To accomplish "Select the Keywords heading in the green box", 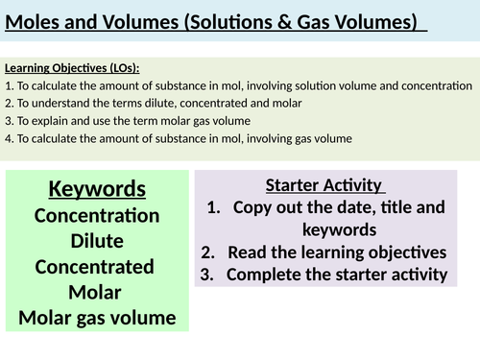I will tap(97, 189).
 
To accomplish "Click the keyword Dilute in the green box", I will tap(97, 241).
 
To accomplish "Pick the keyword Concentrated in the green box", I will tap(97, 266).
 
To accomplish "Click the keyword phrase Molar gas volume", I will tap(97, 317).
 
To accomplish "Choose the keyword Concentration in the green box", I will tap(97, 215).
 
